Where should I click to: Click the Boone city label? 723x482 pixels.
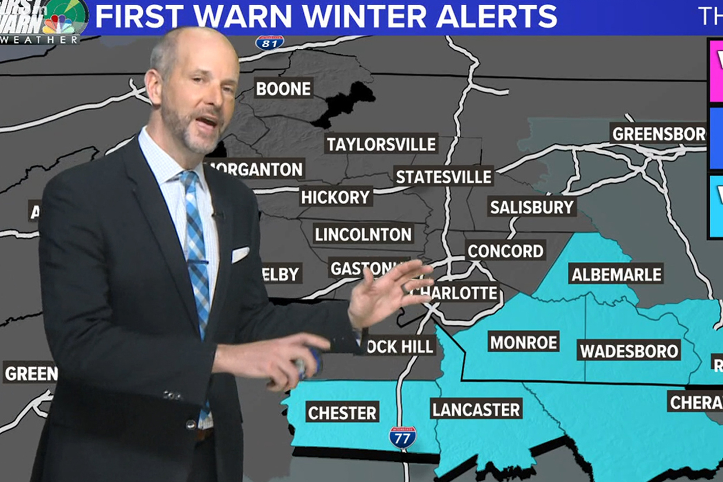coord(284,88)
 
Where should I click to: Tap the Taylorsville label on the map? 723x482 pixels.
coord(381,144)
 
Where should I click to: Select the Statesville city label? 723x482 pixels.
coord(444,176)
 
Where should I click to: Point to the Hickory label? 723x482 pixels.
coord(336,197)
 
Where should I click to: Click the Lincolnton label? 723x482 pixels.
coord(363,234)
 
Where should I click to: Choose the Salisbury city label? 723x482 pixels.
coord(532,207)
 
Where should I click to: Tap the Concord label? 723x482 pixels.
coord(506,251)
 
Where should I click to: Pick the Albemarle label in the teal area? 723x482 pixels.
coord(616,274)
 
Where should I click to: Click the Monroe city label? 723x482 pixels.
coord(524,342)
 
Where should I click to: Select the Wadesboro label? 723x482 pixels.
coord(629,351)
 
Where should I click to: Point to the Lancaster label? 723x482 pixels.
coord(476,409)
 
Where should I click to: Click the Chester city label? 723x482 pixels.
coord(342,413)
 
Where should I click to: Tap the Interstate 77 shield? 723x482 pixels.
coord(402,438)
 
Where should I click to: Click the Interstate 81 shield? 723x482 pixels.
coord(270,42)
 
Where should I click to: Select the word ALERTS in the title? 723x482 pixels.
coord(496,17)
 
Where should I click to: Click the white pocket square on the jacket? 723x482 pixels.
coord(240,254)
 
